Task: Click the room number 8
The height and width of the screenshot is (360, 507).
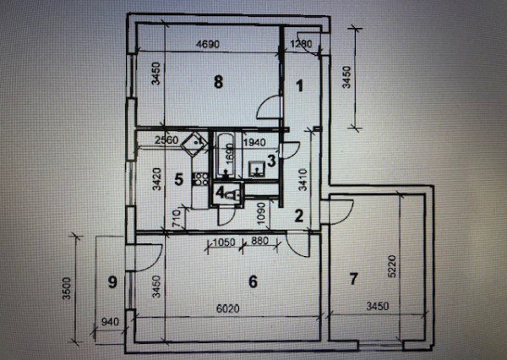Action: coord(219,82)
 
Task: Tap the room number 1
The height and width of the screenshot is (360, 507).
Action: coord(298,85)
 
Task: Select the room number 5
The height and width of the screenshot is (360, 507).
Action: coord(178,178)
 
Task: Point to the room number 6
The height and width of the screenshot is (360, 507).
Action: coord(252,281)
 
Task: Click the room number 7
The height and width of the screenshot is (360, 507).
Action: coord(354,278)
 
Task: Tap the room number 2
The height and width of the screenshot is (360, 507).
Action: coord(297,215)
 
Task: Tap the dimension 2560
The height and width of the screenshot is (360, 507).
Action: coord(170,140)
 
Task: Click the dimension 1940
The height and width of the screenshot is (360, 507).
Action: coord(255,141)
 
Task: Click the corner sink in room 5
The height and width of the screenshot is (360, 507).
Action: coord(197,141)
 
